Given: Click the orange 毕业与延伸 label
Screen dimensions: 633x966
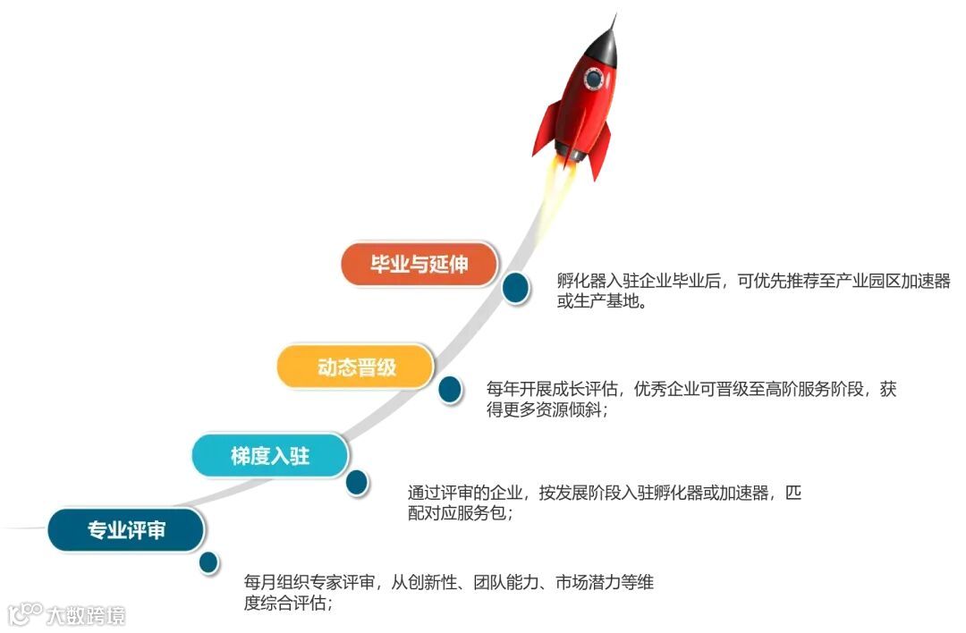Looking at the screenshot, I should pyautogui.click(x=419, y=265).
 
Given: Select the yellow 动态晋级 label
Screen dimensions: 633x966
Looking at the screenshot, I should pyautogui.click(x=356, y=367).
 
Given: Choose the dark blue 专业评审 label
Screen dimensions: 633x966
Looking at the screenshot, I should pyautogui.click(x=126, y=529).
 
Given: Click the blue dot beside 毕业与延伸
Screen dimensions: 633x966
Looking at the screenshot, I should pyautogui.click(x=514, y=287).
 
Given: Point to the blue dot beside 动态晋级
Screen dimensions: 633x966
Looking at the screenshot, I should pyautogui.click(x=450, y=389).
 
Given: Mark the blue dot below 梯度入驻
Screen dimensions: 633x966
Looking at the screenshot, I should pyautogui.click(x=357, y=483).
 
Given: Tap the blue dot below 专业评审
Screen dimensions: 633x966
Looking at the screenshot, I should pyautogui.click(x=209, y=562).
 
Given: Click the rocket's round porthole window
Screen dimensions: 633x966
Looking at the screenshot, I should pyautogui.click(x=594, y=80).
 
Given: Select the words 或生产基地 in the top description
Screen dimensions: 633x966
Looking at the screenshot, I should pyautogui.click(x=596, y=301).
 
